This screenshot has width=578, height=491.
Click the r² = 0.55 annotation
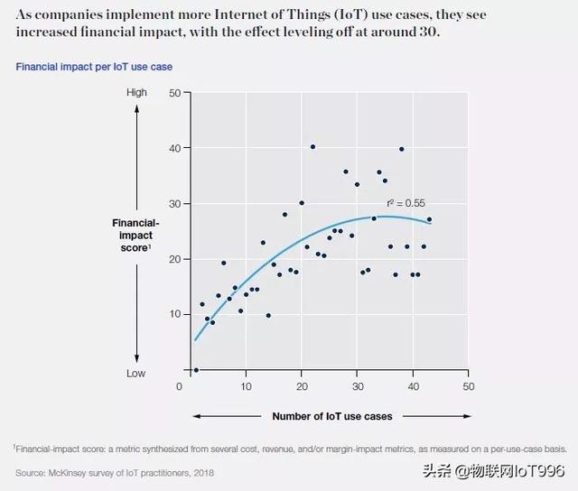pyautogui.click(x=406, y=203)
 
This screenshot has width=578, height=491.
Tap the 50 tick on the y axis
pyautogui.click(x=175, y=92)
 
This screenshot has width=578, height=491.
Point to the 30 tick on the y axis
pyautogui.click(x=175, y=203)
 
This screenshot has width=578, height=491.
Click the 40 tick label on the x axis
pyautogui.click(x=413, y=386)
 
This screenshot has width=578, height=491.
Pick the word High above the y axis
pyautogui.click(x=136, y=93)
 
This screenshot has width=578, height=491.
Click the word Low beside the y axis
pyautogui.click(x=136, y=373)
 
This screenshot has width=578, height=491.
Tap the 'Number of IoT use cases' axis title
pyautogui.click(x=332, y=416)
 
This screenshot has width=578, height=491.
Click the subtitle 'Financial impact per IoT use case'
pyautogui.click(x=94, y=67)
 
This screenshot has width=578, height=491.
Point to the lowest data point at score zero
pyautogui.click(x=196, y=369)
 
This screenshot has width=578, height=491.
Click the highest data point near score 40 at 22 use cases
pyautogui.click(x=312, y=146)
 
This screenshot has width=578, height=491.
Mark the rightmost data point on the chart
pyautogui.click(x=429, y=219)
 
